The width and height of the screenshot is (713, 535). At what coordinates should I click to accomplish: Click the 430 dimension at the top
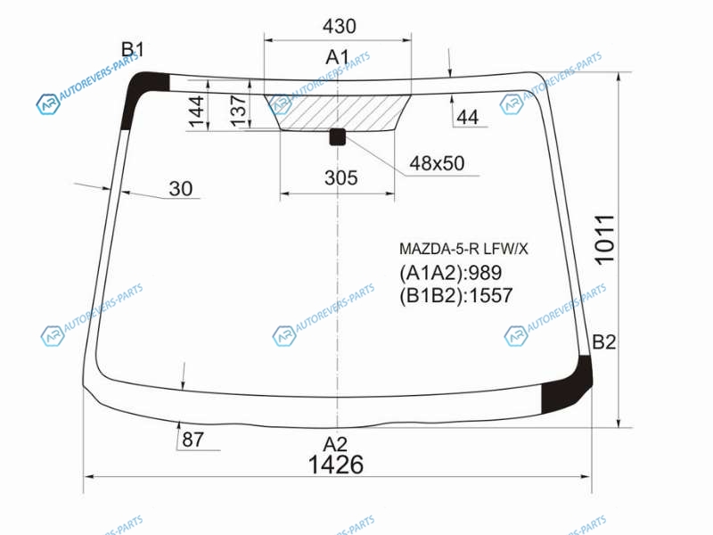pos(340,26)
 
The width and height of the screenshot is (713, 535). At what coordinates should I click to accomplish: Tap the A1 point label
pos(337,57)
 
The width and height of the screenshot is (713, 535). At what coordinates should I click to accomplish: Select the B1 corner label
pos(132,49)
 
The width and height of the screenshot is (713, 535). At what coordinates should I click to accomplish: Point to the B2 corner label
pos(604,342)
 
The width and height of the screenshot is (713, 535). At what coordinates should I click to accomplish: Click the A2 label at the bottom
pos(335,443)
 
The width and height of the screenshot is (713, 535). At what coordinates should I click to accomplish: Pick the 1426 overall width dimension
pos(336,465)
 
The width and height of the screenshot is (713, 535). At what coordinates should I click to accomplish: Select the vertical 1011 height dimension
pos(605,240)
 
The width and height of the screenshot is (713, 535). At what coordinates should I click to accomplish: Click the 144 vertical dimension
pos(196,111)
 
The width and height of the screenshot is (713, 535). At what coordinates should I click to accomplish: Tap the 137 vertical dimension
pos(238,111)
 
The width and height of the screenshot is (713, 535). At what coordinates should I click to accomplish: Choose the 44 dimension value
pos(467,118)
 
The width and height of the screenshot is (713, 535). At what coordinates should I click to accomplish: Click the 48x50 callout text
pos(437,163)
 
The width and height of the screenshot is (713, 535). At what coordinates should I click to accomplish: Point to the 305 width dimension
pos(341,177)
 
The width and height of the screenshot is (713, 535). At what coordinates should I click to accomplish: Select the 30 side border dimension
pos(181,188)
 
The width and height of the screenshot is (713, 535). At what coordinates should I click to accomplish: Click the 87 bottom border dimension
pos(193,440)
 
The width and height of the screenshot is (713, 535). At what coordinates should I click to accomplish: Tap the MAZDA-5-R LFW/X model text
pos(463,249)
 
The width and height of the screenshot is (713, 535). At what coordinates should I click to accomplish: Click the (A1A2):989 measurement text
pos(451,273)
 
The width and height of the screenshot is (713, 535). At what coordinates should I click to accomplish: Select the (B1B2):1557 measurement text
pos(456,296)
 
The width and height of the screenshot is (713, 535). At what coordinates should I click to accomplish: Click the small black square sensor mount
pos(338,136)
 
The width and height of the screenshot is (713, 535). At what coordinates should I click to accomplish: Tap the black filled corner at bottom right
pos(566,385)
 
